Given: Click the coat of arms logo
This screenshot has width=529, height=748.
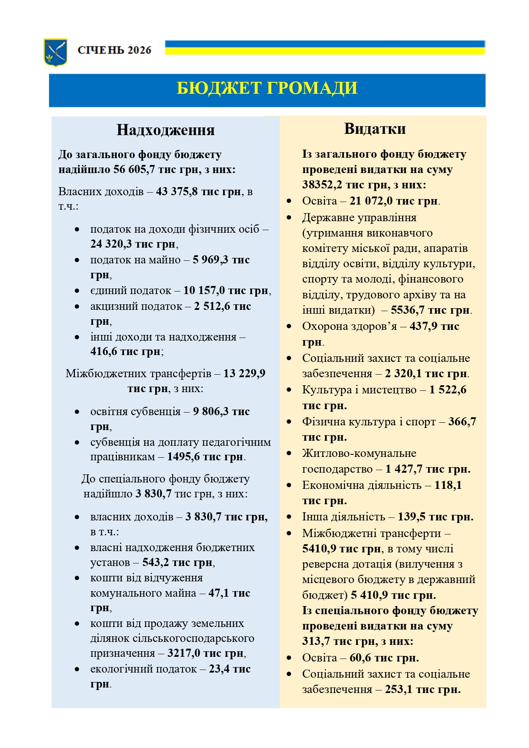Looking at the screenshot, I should click(55, 52).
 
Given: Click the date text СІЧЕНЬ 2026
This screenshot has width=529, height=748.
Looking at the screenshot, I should click(114, 50).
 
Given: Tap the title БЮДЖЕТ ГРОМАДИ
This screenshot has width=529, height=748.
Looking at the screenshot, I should click(267, 88).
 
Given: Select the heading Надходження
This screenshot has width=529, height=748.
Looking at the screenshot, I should click(165, 130).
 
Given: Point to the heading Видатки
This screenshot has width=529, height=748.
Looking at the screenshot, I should click(375, 129).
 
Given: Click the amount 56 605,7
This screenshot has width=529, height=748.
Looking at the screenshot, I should click(134, 170).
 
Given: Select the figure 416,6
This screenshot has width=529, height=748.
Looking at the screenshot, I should click(103, 352).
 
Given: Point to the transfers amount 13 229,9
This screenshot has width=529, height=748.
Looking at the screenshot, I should click(244, 374).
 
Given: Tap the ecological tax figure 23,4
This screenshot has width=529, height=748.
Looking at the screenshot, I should click(218, 669).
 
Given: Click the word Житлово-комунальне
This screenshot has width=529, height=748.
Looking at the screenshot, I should click(359, 453).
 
